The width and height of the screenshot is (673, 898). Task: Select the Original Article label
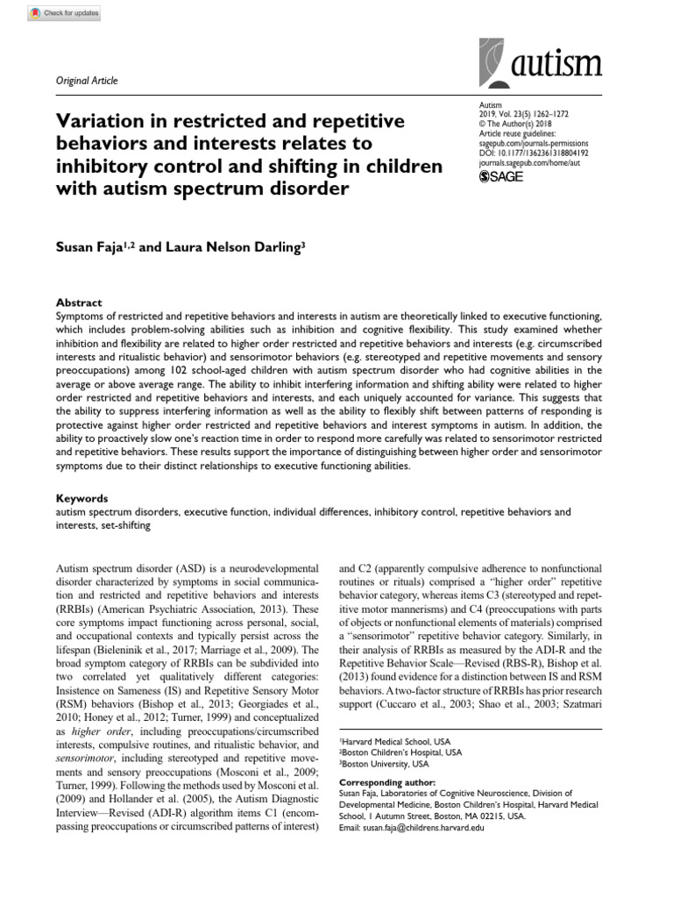[x=86, y=81]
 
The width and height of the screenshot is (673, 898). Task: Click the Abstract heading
[x=79, y=302]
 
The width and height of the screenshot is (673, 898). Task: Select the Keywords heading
[x=82, y=497]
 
